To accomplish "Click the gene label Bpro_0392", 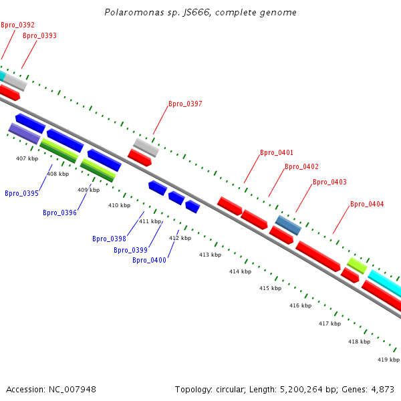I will [17, 25].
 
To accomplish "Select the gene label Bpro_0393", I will [39, 35].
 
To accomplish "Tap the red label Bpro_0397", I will [185, 104].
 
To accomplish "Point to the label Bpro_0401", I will [277, 152].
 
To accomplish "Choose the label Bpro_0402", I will [301, 166].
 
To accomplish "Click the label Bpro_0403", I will [329, 182].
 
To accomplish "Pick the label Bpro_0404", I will [367, 204].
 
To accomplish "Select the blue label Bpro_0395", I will [21, 193].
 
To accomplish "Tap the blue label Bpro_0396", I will [59, 213].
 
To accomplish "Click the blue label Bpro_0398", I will [109, 239].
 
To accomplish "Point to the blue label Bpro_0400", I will [149, 260].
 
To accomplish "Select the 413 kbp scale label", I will [210, 255].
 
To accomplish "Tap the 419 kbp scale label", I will [388, 360].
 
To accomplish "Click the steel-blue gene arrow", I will [289, 225].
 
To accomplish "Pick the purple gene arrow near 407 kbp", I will [25, 133].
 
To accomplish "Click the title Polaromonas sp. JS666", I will [200, 13].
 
